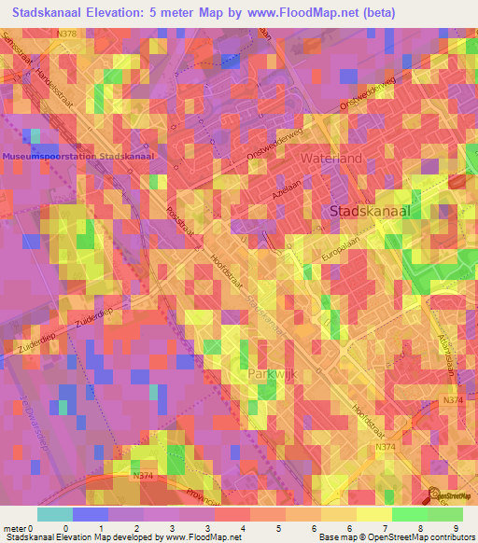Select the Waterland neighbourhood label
[330, 159]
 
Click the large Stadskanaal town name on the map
[370, 212]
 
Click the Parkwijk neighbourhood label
[272, 373]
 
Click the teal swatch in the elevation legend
[54, 514]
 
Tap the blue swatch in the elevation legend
[90, 514]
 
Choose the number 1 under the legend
[101, 527]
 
